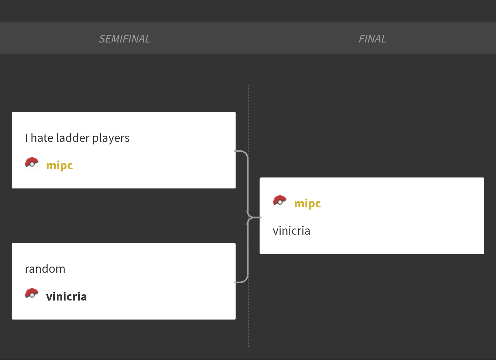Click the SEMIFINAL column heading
pyautogui.click(x=124, y=39)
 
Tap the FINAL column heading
pyautogui.click(x=372, y=39)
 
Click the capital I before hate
pyautogui.click(x=26, y=138)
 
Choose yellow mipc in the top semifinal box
pyautogui.click(x=60, y=165)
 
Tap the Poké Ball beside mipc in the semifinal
pyautogui.click(x=32, y=163)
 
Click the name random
pyautogui.click(x=45, y=269)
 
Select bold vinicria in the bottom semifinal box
pyautogui.click(x=66, y=296)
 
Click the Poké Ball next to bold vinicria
pyautogui.click(x=32, y=294)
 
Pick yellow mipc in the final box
pyautogui.click(x=307, y=203)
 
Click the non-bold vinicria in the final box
pyautogui.click(x=292, y=231)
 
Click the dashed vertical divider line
pyautogui.click(x=248, y=315)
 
